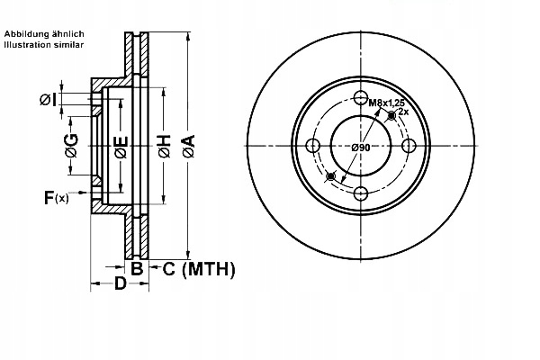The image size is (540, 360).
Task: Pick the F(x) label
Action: (x=56, y=197)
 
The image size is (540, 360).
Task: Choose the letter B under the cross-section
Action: (x=137, y=268)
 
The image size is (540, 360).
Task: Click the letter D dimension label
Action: (x=119, y=286)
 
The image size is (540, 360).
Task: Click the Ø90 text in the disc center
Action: (x=361, y=147)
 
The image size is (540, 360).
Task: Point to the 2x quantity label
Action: (x=404, y=112)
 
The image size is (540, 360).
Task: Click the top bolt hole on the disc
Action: (x=361, y=99)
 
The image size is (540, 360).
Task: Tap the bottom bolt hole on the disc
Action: (x=361, y=193)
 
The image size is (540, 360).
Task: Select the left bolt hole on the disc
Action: (x=313, y=147)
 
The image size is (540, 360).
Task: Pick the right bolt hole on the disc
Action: (x=408, y=147)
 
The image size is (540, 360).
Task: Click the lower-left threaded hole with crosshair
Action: (x=331, y=175)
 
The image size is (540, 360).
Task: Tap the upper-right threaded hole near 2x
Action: (x=391, y=117)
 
